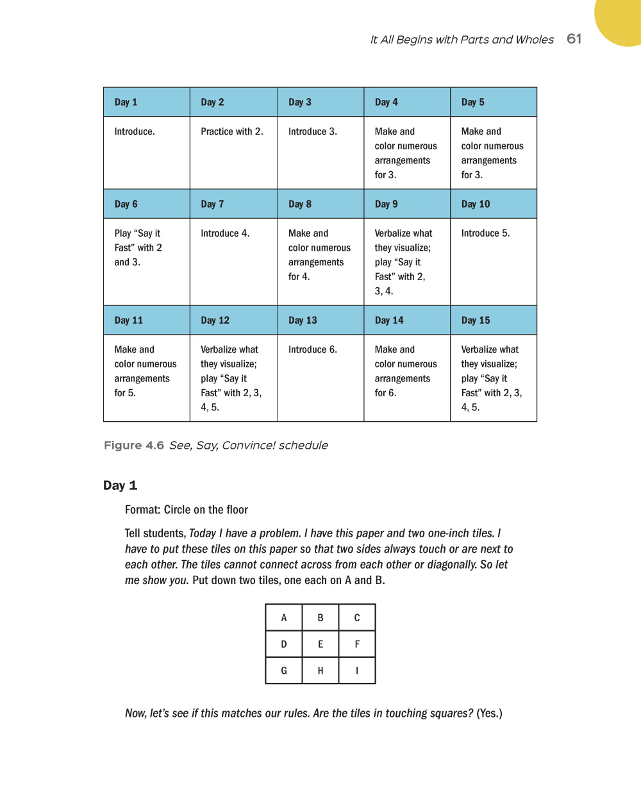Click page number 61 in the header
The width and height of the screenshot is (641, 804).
(574, 39)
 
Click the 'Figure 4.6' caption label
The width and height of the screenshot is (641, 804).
(134, 445)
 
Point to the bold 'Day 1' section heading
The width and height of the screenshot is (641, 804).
(121, 485)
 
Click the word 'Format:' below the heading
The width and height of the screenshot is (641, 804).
(143, 510)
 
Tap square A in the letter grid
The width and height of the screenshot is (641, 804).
(284, 618)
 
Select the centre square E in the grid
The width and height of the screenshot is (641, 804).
(320, 644)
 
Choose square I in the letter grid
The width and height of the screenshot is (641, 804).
(357, 671)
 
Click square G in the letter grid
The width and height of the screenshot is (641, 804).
(284, 671)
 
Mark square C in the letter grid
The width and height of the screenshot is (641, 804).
(357, 618)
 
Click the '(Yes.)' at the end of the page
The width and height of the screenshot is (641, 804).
(489, 713)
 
